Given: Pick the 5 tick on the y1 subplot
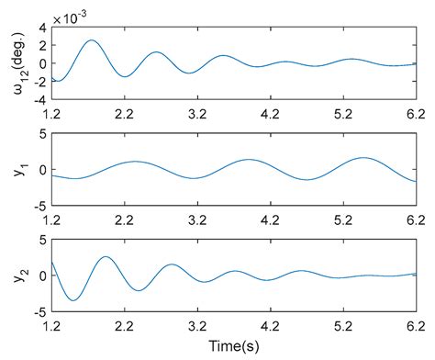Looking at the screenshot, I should click(x=41, y=134).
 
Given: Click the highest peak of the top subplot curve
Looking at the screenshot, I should click(x=91, y=40).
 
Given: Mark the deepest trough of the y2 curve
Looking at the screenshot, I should click(x=74, y=299).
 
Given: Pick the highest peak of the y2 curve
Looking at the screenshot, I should click(x=106, y=256).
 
